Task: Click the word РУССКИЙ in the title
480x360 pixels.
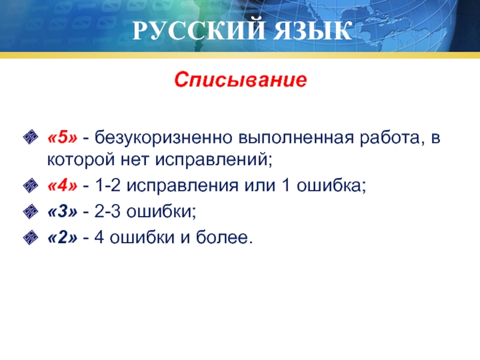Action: pos(199,31)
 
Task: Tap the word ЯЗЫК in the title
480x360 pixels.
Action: pos(312,31)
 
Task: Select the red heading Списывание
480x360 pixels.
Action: pos(241,80)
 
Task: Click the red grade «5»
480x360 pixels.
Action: pos(62,137)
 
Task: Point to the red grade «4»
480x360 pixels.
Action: pos(62,185)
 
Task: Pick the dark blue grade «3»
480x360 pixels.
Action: pos(62,212)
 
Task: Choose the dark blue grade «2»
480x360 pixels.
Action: pos(62,238)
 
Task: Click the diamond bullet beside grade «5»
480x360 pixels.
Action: pos(31,137)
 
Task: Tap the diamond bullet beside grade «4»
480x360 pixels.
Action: pos(31,185)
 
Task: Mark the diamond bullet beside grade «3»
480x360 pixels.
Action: pos(31,212)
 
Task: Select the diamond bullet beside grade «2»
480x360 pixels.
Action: pos(31,238)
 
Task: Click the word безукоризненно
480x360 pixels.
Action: pos(163,138)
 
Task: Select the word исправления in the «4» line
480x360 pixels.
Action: pos(182,186)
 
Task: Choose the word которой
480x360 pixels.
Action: pos(81,160)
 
